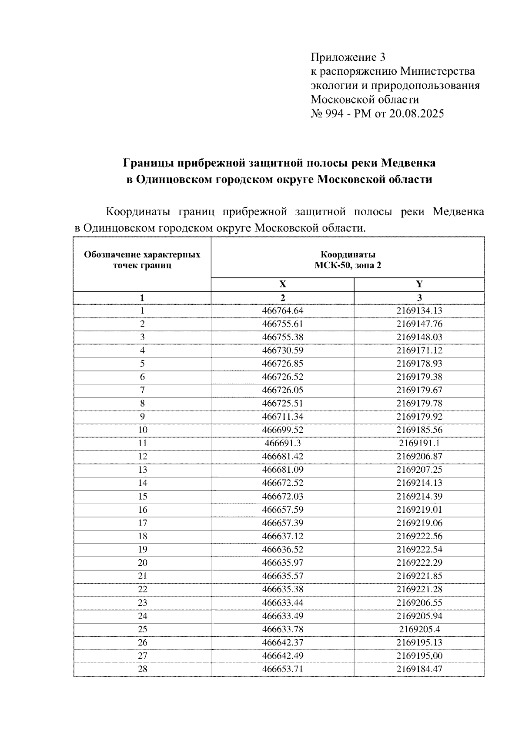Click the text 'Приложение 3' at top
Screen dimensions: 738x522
pyautogui.click(x=348, y=57)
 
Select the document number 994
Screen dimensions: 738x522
pyautogui.click(x=335, y=114)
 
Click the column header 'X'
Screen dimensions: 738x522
pyautogui.click(x=282, y=284)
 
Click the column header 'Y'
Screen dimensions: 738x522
pyautogui.click(x=419, y=284)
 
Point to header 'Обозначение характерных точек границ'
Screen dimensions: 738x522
pyautogui.click(x=142, y=260)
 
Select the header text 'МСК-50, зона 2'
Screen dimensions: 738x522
pyautogui.click(x=348, y=265)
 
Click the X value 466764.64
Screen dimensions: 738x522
pyautogui.click(x=282, y=311)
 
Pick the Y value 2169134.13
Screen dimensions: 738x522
pyautogui.click(x=419, y=311)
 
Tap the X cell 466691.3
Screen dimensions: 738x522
pyautogui.click(x=282, y=443)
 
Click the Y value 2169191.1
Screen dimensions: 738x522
pyautogui.click(x=419, y=443)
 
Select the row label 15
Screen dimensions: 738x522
pyautogui.click(x=142, y=496)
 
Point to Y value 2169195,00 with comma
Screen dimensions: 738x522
pyautogui.click(x=419, y=655)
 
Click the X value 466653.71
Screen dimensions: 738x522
pyautogui.click(x=282, y=669)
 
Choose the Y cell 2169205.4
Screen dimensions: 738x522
pyautogui.click(x=419, y=629)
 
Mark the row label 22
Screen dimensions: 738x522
pyautogui.click(x=142, y=589)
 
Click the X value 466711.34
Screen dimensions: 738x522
pyautogui.click(x=282, y=417)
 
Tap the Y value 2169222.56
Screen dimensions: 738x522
pyautogui.click(x=419, y=536)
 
